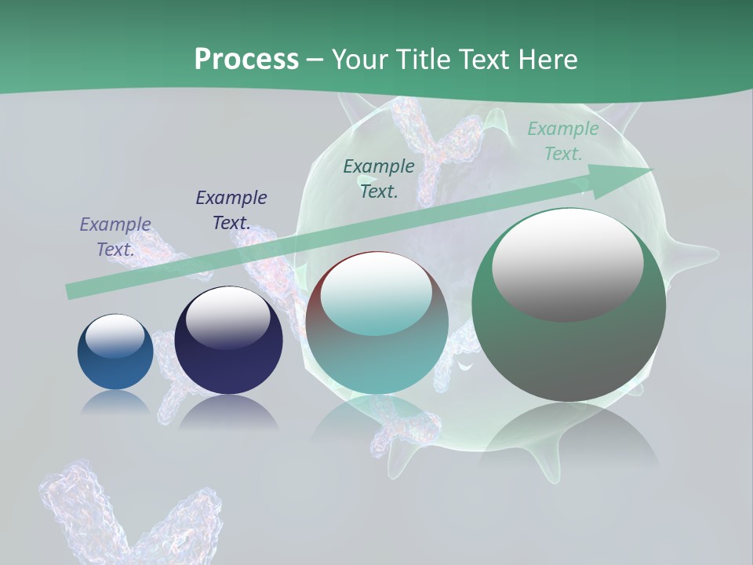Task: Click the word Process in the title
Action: pyautogui.click(x=246, y=60)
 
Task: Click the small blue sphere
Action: pyautogui.click(x=115, y=352)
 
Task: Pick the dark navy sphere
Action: pyautogui.click(x=228, y=341)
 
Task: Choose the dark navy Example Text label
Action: pyautogui.click(x=231, y=210)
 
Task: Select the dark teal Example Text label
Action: pyautogui.click(x=379, y=179)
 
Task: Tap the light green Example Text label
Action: pyautogui.click(x=562, y=141)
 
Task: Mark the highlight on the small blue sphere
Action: pyautogui.click(x=115, y=337)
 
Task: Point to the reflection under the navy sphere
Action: pyautogui.click(x=228, y=413)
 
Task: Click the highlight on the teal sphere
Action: pyautogui.click(x=376, y=294)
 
